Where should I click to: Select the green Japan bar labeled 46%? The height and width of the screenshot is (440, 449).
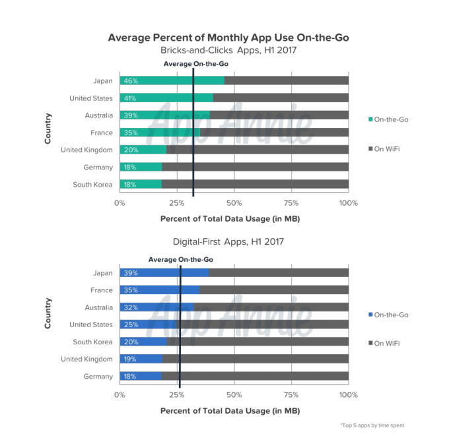click(172, 80)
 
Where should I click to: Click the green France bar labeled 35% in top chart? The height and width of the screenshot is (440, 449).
click(159, 133)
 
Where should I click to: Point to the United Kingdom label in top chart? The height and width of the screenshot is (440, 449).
click(86, 150)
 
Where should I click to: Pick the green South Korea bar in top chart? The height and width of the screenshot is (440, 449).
click(140, 184)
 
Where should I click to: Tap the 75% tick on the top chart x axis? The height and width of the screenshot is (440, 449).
click(291, 203)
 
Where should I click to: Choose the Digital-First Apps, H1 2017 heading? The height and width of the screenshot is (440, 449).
click(228, 241)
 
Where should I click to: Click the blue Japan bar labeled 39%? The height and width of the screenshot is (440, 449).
click(164, 273)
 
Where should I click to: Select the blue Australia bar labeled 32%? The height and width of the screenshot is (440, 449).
click(156, 307)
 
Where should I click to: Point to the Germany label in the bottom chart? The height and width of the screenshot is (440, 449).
click(98, 376)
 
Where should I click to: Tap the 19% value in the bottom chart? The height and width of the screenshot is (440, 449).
click(129, 359)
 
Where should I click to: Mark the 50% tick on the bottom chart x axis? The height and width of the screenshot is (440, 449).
click(234, 395)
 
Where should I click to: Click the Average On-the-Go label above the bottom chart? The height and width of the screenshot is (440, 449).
click(180, 259)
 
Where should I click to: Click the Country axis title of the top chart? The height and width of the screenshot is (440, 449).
click(48, 133)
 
